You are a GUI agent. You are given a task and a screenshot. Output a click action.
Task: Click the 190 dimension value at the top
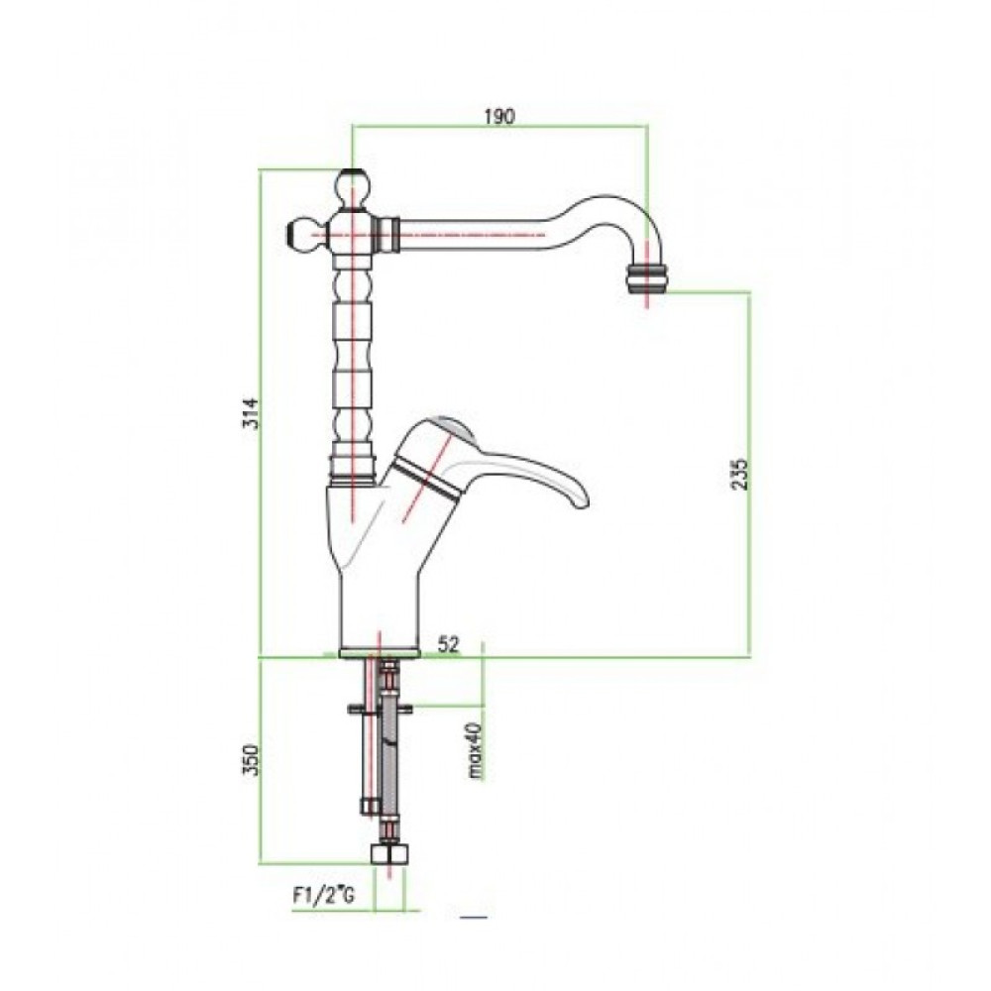[x=499, y=117]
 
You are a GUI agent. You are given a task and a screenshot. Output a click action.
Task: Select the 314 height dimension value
[x=252, y=412]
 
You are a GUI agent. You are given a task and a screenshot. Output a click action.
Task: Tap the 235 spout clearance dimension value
[x=740, y=474]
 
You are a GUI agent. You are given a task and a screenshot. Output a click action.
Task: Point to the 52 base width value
[x=449, y=644]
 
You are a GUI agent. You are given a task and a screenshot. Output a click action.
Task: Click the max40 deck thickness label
[x=476, y=750]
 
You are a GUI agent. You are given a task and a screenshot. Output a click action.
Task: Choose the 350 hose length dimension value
[x=252, y=760]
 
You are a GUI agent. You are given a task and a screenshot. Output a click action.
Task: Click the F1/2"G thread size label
[x=323, y=896]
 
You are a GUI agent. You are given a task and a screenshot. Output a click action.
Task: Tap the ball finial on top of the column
[x=353, y=189]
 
